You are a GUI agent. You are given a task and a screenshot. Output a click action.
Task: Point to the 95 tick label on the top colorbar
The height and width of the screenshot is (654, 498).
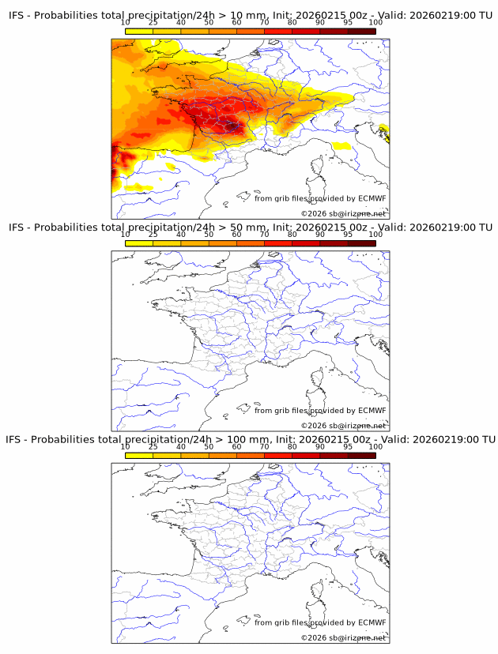click(348, 23)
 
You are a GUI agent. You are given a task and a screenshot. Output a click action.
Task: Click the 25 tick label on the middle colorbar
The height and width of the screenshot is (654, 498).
click(153, 235)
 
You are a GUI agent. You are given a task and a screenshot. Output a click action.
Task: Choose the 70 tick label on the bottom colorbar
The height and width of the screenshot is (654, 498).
click(264, 446)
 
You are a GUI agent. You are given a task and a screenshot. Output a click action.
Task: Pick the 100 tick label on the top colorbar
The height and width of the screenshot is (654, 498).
click(375, 23)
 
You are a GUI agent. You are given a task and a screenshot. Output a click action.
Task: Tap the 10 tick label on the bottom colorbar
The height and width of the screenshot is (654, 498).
click(125, 446)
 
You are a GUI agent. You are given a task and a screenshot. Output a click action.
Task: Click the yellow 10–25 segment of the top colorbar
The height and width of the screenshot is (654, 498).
click(139, 31)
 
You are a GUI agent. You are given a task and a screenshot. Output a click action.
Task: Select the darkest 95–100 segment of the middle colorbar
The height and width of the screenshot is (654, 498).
click(361, 242)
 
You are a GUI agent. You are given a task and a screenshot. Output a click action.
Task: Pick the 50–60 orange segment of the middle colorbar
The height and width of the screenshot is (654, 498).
click(222, 242)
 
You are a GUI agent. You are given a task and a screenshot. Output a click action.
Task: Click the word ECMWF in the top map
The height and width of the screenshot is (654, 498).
click(372, 198)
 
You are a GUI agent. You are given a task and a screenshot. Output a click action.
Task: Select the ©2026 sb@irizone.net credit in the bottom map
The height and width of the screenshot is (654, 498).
click(344, 637)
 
